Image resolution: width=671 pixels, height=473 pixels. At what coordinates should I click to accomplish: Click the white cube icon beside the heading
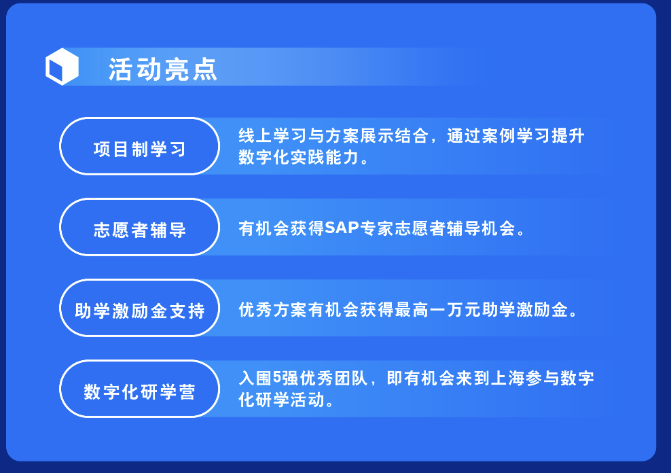pyautogui.click(x=62, y=67)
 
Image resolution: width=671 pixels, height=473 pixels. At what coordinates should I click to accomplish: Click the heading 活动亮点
pyautogui.click(x=163, y=69)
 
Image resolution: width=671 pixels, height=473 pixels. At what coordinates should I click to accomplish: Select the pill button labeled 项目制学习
pyautogui.click(x=139, y=146)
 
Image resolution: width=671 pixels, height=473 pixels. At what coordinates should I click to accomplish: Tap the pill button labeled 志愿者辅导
pyautogui.click(x=139, y=227)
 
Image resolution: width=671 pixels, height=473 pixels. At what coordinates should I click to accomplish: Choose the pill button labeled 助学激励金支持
pyautogui.click(x=139, y=308)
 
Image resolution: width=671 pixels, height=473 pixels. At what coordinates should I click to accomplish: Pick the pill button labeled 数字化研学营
pyautogui.click(x=139, y=389)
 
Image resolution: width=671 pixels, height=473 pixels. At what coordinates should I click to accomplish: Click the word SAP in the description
pyautogui.click(x=342, y=228)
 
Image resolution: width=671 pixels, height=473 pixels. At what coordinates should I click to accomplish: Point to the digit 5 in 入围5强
pyautogui.click(x=277, y=378)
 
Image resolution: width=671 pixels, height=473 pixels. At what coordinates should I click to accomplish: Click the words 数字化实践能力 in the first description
pyautogui.click(x=299, y=157)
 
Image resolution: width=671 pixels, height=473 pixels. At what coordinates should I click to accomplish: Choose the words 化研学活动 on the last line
pyautogui.click(x=282, y=400)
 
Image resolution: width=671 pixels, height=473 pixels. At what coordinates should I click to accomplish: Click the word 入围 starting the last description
pyautogui.click(x=255, y=378)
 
